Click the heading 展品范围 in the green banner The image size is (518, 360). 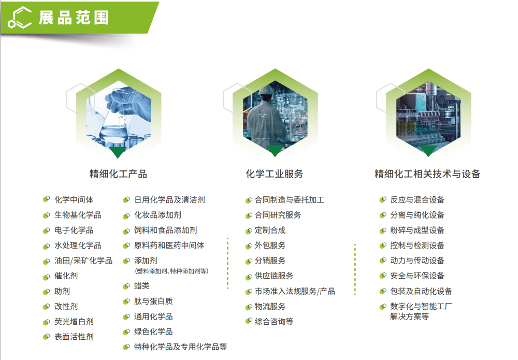pos(74,17)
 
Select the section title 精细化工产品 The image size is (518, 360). pos(118,174)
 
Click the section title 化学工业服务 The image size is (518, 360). pos(275,174)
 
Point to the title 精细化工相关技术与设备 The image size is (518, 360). pos(427,174)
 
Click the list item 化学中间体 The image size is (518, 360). pos(74,200)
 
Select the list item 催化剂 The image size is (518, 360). pos(66,276)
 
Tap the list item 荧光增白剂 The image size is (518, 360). pos(74,322)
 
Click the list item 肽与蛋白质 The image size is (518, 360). pos(153,301)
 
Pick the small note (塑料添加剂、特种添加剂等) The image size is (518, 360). pos(171,271)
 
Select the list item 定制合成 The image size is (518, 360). pos(270,231)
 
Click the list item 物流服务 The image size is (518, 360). pos(270,307)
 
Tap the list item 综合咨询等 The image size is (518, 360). pos(274,322)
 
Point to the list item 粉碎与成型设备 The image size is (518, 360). pos(417,231)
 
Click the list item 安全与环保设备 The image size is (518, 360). pos(417,276)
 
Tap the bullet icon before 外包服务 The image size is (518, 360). pos(249,246)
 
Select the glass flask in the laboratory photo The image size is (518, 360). pos(113,127)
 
